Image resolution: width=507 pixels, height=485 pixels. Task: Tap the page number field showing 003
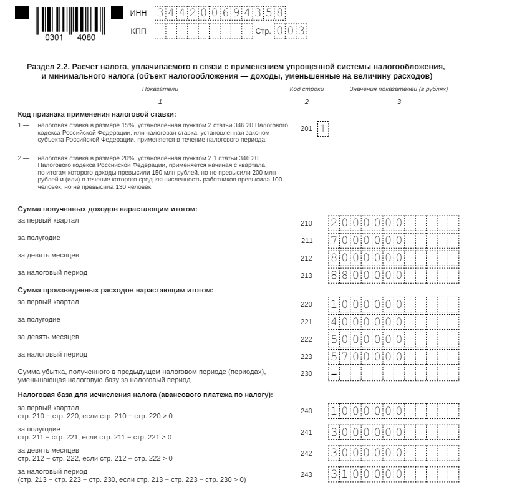coord(291,31)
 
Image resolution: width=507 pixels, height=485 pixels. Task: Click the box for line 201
coord(323,128)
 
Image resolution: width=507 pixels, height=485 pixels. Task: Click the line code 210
coord(306,223)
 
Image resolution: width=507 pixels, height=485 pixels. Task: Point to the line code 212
coord(306,258)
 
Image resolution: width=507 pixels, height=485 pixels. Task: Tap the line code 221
coord(306,322)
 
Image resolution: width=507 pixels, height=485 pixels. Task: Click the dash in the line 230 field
coord(334,374)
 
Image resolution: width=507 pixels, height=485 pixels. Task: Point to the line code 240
coord(306,411)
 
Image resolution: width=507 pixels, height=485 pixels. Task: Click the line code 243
coord(306,474)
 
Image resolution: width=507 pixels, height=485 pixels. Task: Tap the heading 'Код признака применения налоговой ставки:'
coord(97,114)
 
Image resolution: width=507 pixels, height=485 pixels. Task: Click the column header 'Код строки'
coord(306,89)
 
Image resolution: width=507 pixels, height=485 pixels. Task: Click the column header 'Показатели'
coord(160,89)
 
